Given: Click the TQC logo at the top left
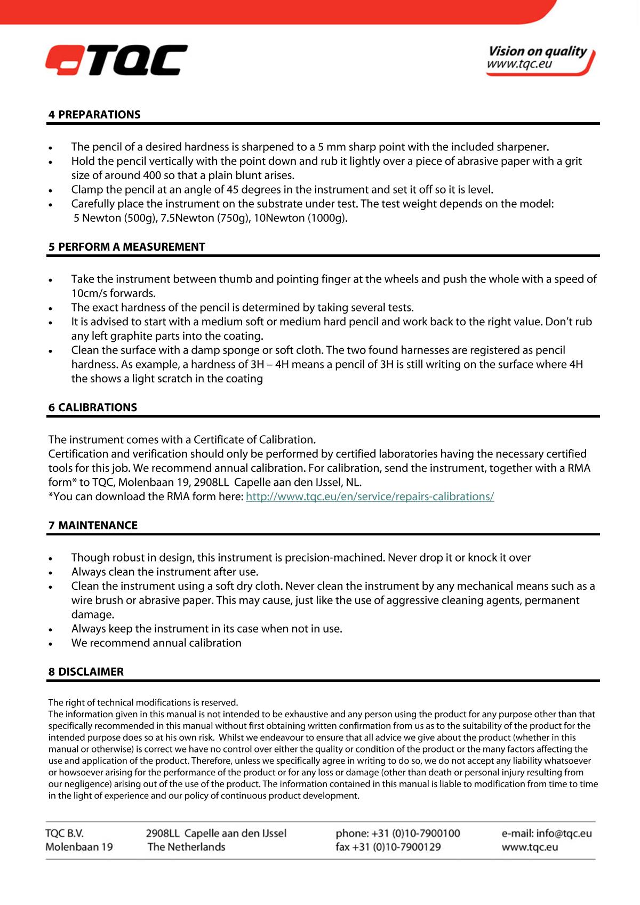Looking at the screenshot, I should [116, 60].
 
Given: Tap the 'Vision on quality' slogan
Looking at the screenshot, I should [537, 52].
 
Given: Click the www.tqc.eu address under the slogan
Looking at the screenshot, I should [519, 65].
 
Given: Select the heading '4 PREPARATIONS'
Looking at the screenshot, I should [94, 115].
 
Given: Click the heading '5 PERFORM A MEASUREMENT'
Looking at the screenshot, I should [127, 247].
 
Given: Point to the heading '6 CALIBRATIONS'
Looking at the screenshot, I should [93, 407].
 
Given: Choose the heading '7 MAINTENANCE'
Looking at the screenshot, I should [93, 525].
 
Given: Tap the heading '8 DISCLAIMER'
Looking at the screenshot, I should [86, 672].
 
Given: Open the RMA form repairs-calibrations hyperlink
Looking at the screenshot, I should [370, 496].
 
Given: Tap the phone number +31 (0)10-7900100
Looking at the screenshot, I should [415, 834].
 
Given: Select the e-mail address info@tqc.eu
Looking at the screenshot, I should [564, 834].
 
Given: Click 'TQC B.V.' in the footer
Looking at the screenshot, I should [65, 834].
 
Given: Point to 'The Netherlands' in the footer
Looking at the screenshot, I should [186, 847].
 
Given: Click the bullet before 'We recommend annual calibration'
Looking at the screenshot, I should [51, 644].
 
